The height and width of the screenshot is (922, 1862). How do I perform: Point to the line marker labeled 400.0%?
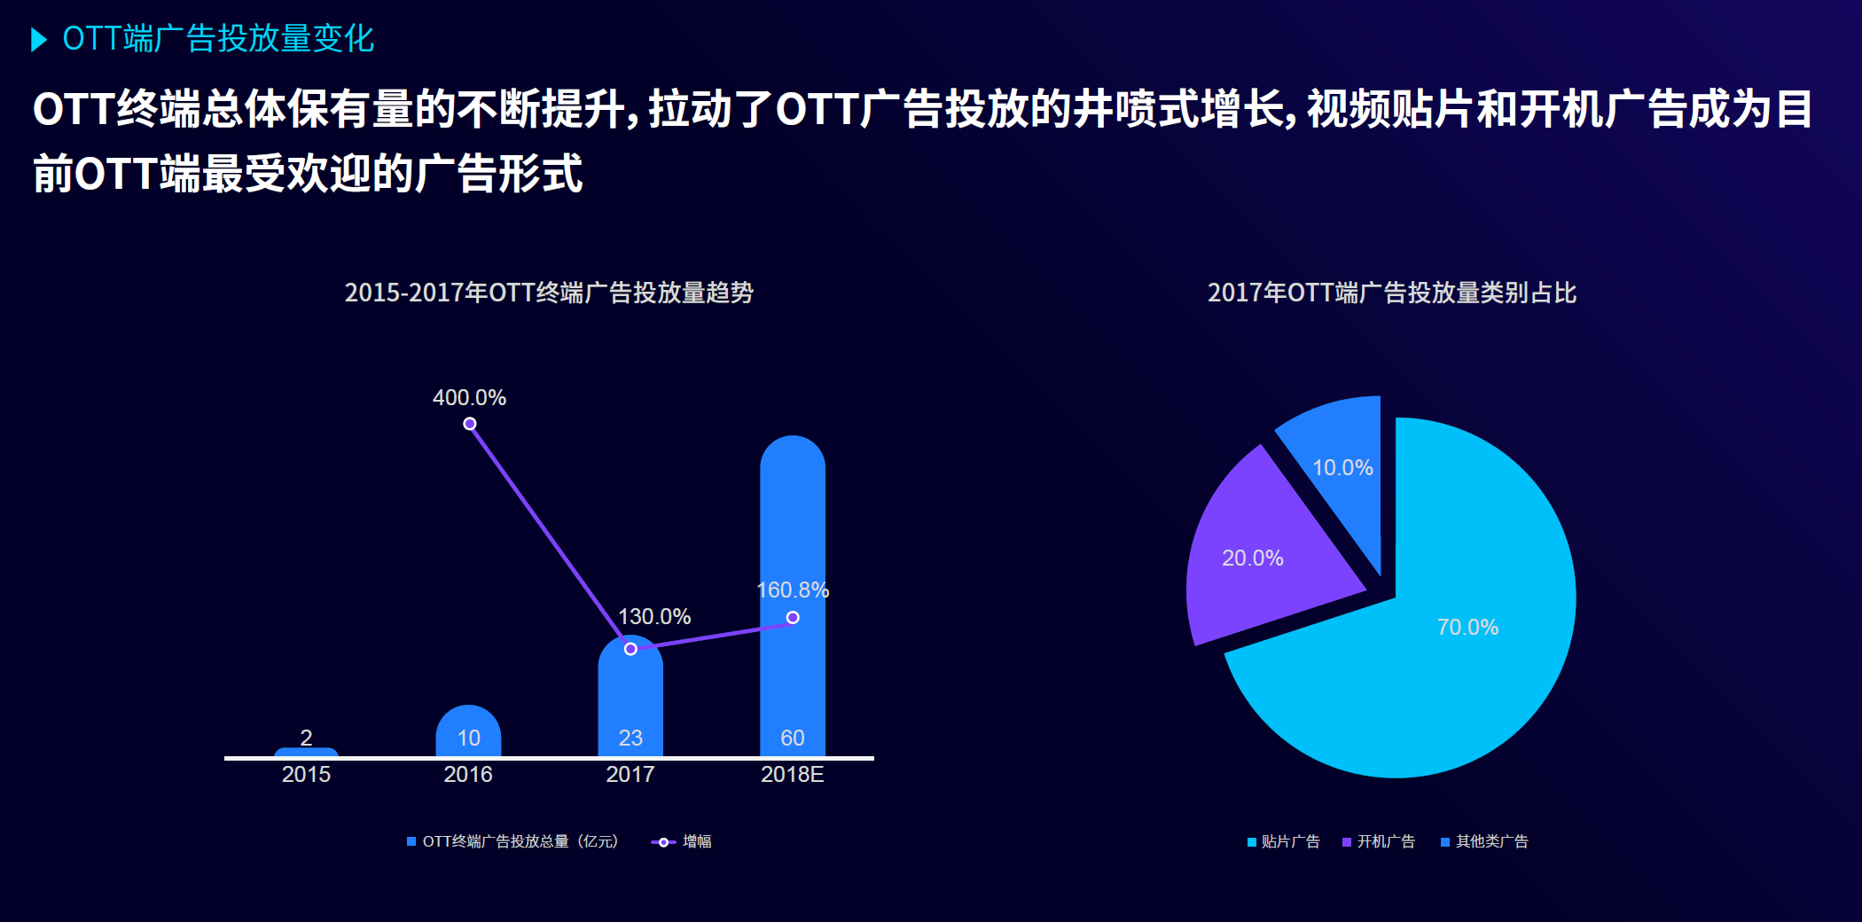coord(470,424)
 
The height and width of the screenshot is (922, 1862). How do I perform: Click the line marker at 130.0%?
coord(630,649)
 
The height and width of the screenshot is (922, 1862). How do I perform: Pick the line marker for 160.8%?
coord(793,617)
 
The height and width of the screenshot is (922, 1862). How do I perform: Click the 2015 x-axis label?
coord(306,774)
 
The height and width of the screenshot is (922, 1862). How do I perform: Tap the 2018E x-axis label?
coord(792,774)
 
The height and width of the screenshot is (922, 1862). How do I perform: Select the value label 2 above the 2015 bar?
coord(306,738)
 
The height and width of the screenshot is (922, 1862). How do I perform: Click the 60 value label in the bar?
coord(793,738)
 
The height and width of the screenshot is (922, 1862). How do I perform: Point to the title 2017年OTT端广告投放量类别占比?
coord(1391,293)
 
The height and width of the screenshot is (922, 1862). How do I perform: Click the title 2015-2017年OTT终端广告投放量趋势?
coord(549,293)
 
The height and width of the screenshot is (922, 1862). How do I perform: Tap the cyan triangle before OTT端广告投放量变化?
coord(38,39)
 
